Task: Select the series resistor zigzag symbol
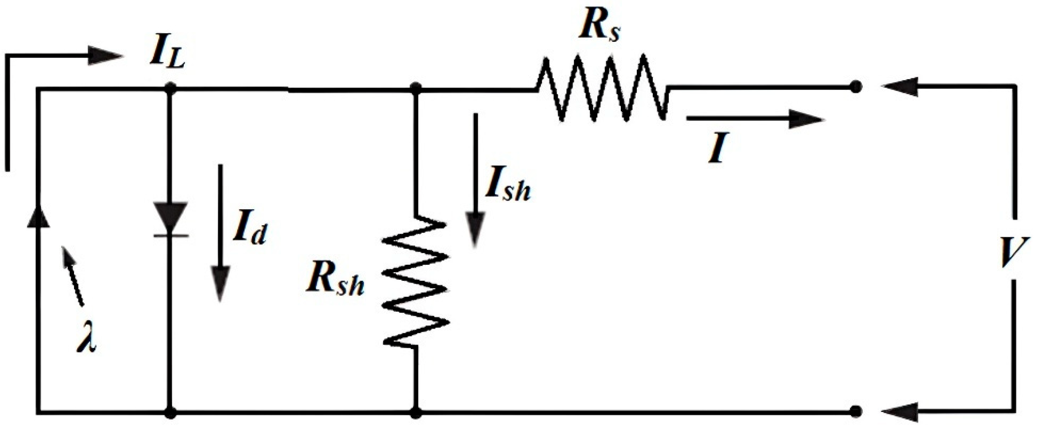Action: (602, 88)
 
